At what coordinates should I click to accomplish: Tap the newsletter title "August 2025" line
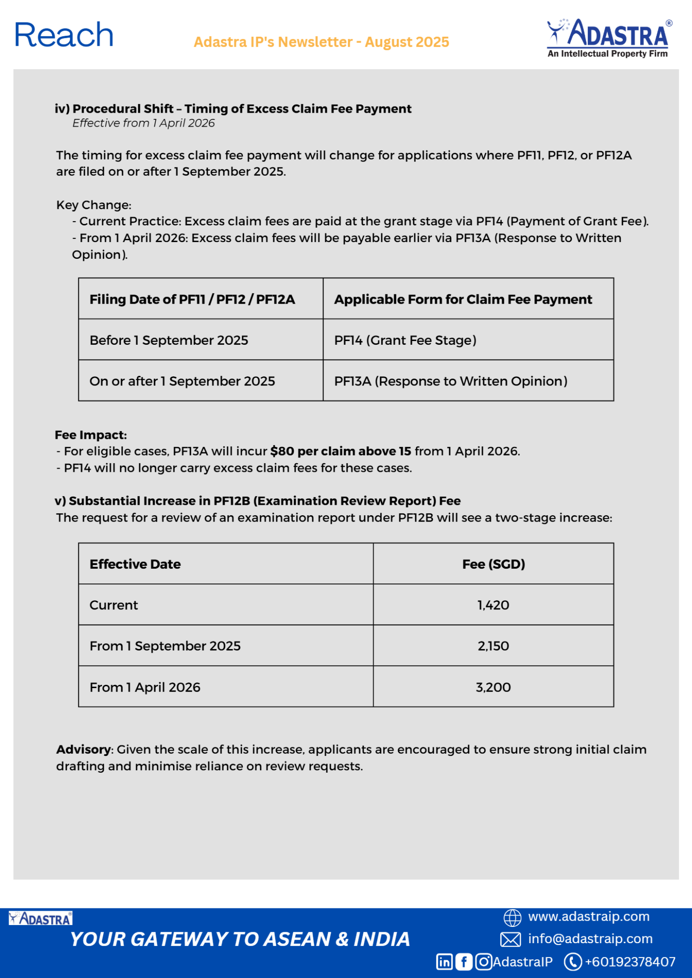coord(321,42)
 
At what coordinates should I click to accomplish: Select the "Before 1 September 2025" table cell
coord(169,340)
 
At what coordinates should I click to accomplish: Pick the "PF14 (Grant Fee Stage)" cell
coord(405,340)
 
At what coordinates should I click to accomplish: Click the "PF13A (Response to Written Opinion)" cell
coord(451,382)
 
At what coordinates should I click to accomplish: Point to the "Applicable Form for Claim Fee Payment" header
coord(463,299)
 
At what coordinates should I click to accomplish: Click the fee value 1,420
coord(493,606)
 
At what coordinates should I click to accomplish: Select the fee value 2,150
coord(493,646)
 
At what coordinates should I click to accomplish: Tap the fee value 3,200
coord(493,688)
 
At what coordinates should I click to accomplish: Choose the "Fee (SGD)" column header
coord(493,564)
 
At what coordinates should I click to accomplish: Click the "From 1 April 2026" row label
coord(145,688)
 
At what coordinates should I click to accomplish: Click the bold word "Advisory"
coord(84,750)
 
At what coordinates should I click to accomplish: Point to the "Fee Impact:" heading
coord(91,435)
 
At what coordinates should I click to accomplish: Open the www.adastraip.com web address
coord(588,917)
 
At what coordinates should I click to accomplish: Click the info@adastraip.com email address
coord(590,939)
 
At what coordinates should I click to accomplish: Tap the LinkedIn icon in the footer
coord(444,962)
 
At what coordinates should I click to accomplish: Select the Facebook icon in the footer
coord(464,962)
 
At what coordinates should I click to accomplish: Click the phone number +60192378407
coord(630,962)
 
